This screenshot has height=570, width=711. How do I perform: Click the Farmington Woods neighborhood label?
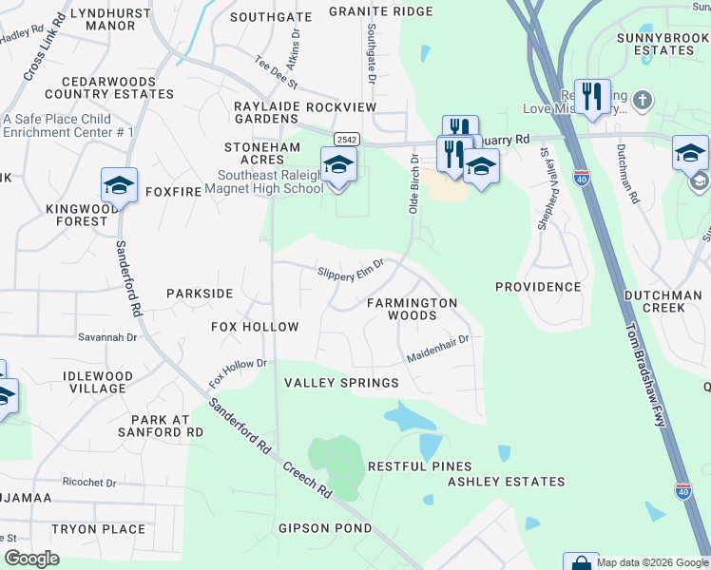[x=413, y=310]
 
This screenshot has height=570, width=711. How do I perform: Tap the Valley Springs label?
[x=341, y=383]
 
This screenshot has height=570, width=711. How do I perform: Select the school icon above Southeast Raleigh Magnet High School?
[x=338, y=165]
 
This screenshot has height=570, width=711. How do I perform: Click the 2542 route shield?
[x=346, y=139]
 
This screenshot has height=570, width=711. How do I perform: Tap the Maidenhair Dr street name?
[x=438, y=349]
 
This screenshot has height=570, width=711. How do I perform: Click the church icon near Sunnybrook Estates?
[x=643, y=100]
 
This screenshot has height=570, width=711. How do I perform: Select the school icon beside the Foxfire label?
[x=120, y=185]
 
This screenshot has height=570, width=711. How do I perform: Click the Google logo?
[x=32, y=558]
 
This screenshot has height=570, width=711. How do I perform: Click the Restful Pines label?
[x=419, y=466]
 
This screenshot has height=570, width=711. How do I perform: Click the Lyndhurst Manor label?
[x=97, y=19]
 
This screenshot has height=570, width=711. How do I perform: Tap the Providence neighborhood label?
[x=537, y=287]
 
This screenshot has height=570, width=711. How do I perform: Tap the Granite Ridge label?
[x=380, y=11]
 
